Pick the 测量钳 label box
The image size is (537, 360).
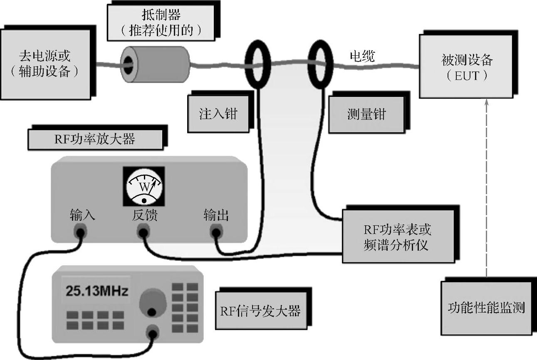tap(366, 115)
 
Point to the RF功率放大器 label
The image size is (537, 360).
tap(95, 139)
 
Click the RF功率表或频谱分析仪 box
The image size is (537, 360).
tap(398, 236)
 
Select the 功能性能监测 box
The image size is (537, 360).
tap(486, 308)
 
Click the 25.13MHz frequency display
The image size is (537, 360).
tap(96, 291)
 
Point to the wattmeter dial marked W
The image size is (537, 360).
tap(144, 187)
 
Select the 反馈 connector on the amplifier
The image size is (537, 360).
tap(144, 232)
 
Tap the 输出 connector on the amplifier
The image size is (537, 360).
tap(216, 232)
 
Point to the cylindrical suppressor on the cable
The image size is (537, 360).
tap(154, 64)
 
